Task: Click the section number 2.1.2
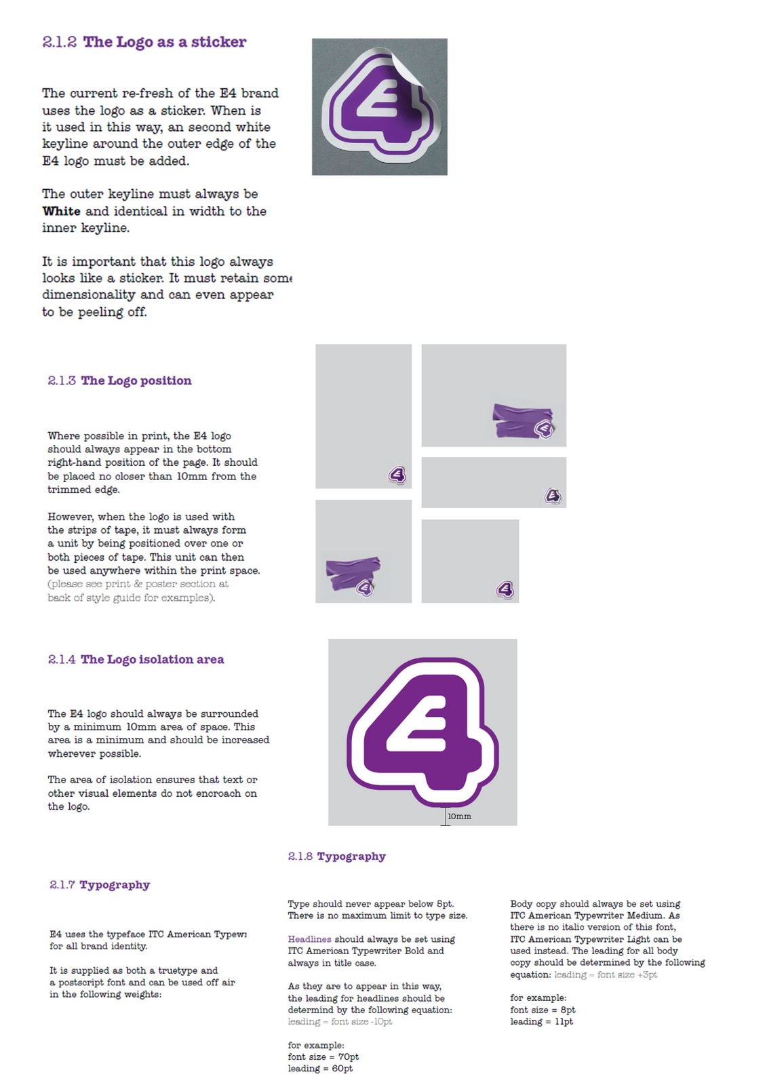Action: pos(60,42)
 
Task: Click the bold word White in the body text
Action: pos(62,211)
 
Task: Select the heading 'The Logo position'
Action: pos(136,380)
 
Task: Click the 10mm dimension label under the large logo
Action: pos(459,816)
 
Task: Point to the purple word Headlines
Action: pos(310,939)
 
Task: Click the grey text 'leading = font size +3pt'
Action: pos(606,974)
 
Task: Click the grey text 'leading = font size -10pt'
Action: pos(340,1021)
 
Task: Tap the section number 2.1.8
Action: pos(300,856)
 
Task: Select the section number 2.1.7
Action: pos(62,885)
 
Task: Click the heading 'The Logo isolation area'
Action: pos(152,660)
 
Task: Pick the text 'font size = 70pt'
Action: pos(323,1057)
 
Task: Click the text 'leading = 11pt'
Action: pos(541,1021)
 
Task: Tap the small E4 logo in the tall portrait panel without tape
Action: pos(397,475)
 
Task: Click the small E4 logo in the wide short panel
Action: pos(553,496)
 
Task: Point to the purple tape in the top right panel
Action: pos(522,420)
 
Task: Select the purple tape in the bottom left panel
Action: pos(353,574)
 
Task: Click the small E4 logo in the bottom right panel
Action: pos(505,589)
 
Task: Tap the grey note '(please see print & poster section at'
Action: pos(138,584)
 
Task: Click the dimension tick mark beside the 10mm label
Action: pos(446,816)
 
